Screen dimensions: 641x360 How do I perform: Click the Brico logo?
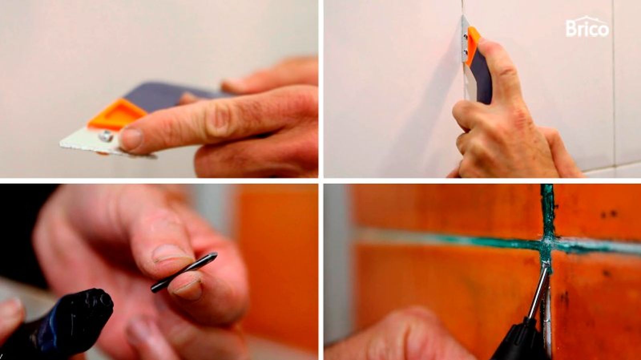587,27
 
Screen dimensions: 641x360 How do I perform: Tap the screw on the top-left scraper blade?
106,136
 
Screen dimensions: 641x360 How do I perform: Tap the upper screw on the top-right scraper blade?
466,36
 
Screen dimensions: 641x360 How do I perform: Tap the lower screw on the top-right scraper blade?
465,53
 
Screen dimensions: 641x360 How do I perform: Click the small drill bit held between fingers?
184,272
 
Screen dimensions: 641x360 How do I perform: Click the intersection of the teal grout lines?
547,243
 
